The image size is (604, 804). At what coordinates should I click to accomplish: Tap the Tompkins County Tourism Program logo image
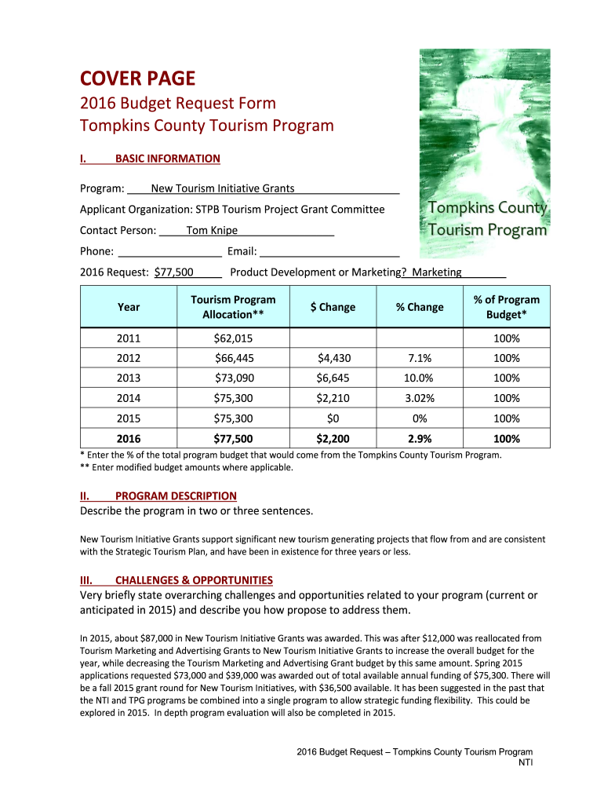pos(484,154)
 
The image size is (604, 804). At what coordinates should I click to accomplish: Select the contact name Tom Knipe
pos(212,231)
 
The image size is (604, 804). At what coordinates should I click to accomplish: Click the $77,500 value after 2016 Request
pos(174,272)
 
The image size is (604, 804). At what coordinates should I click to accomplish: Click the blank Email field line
pos(329,252)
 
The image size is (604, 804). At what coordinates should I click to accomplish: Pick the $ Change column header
pos(333,307)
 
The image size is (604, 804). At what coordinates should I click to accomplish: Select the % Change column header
pos(420,307)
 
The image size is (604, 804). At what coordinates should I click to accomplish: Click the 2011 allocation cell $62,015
pos(233,338)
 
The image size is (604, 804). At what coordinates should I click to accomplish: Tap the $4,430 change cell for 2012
pos(333,358)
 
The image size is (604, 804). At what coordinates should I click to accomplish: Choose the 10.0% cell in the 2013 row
pos(420,378)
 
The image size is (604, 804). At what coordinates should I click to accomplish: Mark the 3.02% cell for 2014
pos(420,398)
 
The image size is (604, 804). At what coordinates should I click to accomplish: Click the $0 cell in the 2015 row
pos(333,418)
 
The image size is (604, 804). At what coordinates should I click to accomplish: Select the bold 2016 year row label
pos(129,439)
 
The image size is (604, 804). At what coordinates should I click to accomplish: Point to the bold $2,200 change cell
pos(333,439)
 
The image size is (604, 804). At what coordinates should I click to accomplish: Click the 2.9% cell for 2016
pos(420,439)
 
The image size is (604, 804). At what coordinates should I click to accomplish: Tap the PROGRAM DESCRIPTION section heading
pos(175,496)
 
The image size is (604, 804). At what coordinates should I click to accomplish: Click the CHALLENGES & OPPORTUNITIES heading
pos(194,580)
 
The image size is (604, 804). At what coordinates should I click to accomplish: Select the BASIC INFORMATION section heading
pos(167,159)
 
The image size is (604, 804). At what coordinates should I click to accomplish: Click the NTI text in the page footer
pos(526,763)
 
